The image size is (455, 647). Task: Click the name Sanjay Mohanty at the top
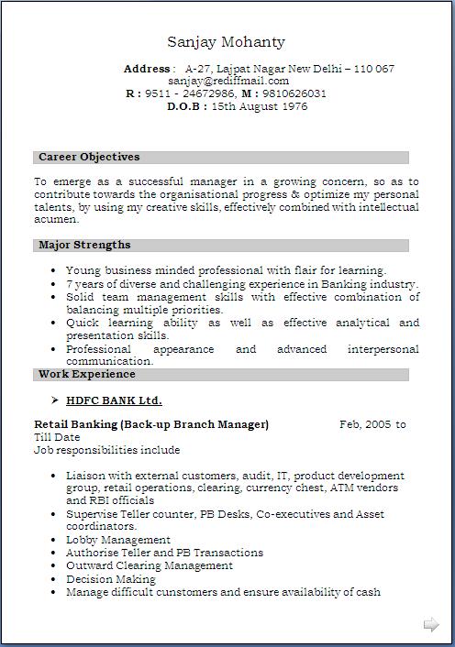tap(226, 42)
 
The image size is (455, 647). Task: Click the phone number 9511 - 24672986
tap(191, 93)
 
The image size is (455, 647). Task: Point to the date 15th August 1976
tap(260, 106)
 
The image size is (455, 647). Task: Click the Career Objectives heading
tap(89, 158)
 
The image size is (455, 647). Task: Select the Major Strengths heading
tap(84, 246)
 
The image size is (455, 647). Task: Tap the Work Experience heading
tap(86, 374)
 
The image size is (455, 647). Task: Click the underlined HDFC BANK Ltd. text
tap(114, 400)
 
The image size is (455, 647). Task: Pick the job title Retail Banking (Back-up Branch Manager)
tap(151, 424)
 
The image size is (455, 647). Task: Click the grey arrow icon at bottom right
tap(430, 625)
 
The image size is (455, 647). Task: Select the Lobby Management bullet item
tap(118, 540)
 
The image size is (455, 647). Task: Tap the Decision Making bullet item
tap(111, 579)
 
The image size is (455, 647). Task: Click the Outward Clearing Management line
tap(150, 565)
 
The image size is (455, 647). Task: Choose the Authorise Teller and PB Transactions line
tap(164, 553)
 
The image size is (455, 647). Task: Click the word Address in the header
tap(147, 69)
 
